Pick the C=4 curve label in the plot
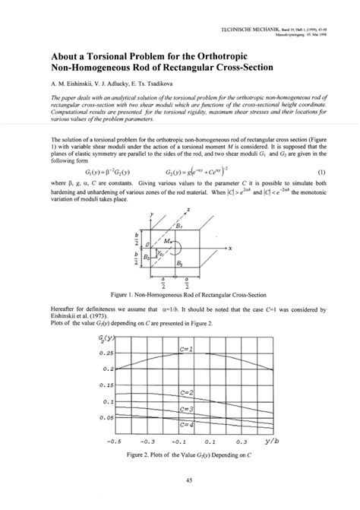coord(185,426)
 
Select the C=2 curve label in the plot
coord(185,393)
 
